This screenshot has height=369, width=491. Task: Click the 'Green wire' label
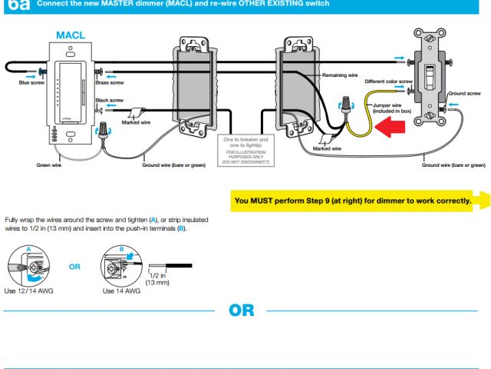(48, 165)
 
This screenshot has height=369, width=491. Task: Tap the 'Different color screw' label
(389, 81)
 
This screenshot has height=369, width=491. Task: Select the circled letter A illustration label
(28, 249)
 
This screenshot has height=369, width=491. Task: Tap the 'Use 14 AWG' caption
(121, 291)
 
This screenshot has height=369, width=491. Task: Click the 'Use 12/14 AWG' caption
(29, 291)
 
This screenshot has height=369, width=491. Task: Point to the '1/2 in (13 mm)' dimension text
(157, 281)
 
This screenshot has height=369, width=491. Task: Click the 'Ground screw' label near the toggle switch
(463, 91)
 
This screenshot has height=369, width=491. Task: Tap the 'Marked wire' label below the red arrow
(325, 148)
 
